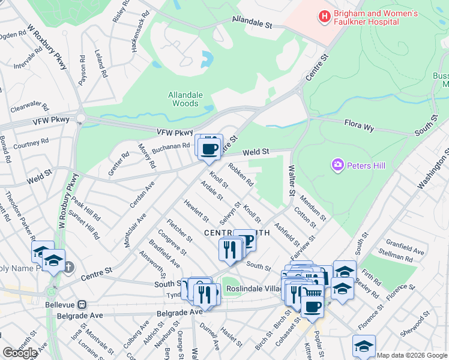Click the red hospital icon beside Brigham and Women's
[x=324, y=16]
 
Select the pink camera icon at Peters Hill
[x=338, y=164]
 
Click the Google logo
[x=20, y=353]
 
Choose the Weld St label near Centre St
[x=256, y=154]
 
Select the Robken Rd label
[x=241, y=175]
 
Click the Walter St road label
[x=292, y=179]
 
